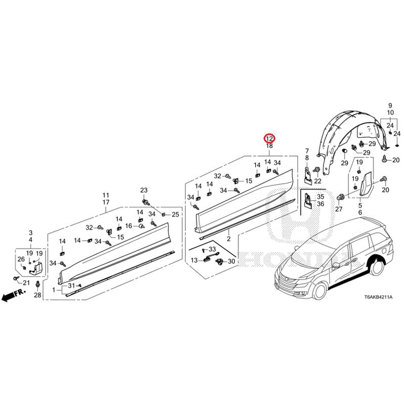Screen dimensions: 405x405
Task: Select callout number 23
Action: tap(144, 190)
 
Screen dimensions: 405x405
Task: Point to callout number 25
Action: tap(175, 215)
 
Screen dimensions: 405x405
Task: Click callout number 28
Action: tap(37, 296)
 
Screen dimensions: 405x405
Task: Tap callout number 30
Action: tap(231, 261)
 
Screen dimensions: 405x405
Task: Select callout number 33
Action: tap(212, 250)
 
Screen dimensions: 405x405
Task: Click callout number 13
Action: tap(194, 260)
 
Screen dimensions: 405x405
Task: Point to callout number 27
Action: tap(339, 209)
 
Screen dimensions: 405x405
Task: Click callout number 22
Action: tap(318, 181)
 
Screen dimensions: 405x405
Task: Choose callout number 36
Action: tap(320, 204)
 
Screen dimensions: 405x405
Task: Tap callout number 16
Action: tap(129, 226)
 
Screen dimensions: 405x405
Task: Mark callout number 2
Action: tap(228, 238)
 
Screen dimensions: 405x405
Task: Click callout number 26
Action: tap(21, 259)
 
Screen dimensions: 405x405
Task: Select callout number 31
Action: tap(71, 287)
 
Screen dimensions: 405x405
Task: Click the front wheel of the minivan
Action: tap(320, 291)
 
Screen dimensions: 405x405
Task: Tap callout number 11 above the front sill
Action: tap(106, 195)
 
